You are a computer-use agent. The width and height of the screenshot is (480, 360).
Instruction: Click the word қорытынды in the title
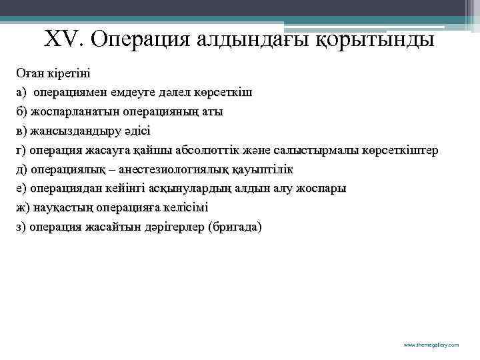[376, 41]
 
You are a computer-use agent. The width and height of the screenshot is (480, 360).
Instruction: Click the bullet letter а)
[21, 91]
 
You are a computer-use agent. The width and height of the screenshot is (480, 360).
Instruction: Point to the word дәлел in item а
[173, 91]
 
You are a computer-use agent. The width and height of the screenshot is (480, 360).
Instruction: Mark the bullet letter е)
[21, 188]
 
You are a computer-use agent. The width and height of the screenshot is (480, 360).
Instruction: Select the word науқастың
[56, 207]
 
